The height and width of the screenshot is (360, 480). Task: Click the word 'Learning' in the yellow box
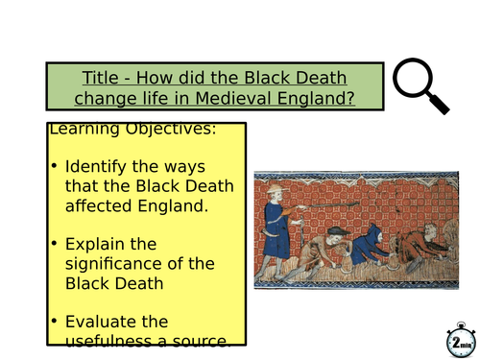pyautogui.click(x=81, y=129)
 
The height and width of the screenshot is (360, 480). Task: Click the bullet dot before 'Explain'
pyautogui.click(x=54, y=245)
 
